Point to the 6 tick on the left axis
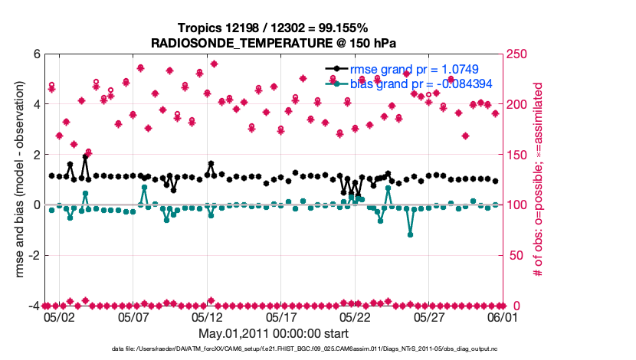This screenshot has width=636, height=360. [x=36, y=54]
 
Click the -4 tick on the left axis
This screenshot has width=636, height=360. [x=34, y=306]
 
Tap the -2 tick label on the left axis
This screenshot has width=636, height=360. [x=34, y=255]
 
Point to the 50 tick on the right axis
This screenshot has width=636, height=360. [x=513, y=255]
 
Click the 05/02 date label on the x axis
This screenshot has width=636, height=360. [x=60, y=317]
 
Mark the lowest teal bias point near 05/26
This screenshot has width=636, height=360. [x=411, y=234]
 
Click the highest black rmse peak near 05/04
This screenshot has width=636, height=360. [x=85, y=157]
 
